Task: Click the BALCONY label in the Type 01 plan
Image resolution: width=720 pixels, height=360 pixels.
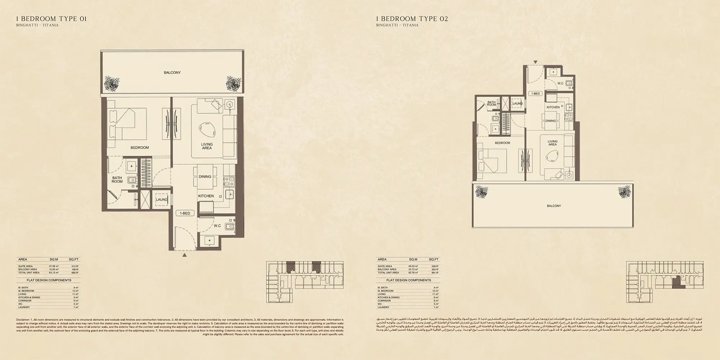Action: coord(172,73)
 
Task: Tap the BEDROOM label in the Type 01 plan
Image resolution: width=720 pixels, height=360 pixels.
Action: coord(139,148)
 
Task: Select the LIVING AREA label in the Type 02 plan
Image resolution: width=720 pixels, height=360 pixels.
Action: coord(552,143)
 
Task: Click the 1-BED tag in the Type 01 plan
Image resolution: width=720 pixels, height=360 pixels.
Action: coord(185,213)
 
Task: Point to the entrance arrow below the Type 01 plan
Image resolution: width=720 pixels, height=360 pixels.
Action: coord(184,255)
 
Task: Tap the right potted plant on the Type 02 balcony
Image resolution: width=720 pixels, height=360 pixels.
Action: coord(624,192)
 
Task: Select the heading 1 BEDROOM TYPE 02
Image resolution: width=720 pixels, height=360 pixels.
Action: coord(412,19)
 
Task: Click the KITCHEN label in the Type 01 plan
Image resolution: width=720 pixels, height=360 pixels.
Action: coord(206,196)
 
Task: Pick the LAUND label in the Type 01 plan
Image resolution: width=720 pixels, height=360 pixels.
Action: coord(161,199)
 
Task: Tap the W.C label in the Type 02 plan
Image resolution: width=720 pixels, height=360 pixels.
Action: coord(560,84)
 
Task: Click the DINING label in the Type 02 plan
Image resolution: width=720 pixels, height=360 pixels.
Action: coord(550,121)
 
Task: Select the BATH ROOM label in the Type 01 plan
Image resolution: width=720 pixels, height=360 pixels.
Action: coord(117,180)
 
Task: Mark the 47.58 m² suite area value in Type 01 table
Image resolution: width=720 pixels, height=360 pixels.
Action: coord(54,266)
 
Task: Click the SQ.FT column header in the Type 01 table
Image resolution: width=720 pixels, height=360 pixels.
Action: coord(74,259)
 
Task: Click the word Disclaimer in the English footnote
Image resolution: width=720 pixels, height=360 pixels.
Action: coord(24,320)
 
